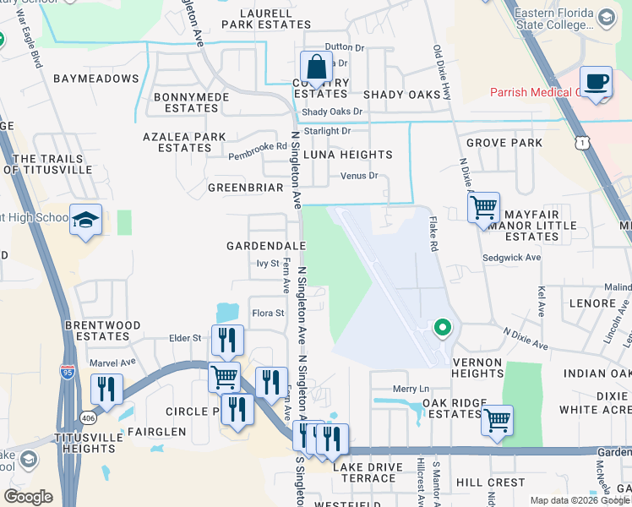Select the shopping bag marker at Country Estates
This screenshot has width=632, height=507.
(316, 67)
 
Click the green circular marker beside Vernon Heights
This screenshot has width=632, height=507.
(441, 327)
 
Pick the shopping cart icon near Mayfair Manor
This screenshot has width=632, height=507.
(483, 207)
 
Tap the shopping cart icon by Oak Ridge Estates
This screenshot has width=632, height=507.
(497, 418)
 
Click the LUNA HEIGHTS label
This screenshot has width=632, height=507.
(348, 155)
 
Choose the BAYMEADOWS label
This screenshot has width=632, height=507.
(95, 79)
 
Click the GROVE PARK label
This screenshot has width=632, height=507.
(504, 143)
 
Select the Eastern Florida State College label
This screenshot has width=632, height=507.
(565, 19)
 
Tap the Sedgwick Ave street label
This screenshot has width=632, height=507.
(511, 257)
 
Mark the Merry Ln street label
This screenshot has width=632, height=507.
(412, 389)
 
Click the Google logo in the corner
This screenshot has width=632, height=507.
(28, 496)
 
